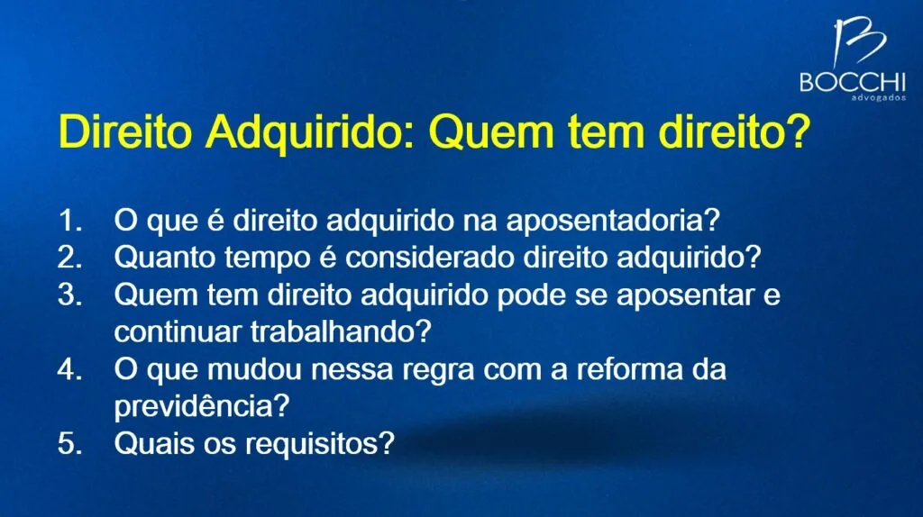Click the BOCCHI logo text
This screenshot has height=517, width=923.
(x=853, y=82)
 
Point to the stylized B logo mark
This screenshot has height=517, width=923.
(x=858, y=41)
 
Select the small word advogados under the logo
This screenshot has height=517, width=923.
(x=878, y=97)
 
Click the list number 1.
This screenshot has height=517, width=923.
(x=69, y=220)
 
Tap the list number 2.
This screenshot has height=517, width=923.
(x=69, y=257)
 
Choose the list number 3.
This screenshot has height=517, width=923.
(x=69, y=295)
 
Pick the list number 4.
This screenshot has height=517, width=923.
(x=69, y=369)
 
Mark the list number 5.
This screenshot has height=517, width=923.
(x=69, y=443)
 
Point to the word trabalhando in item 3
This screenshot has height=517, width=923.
(x=341, y=331)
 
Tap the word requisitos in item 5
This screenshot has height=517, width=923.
(x=320, y=444)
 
